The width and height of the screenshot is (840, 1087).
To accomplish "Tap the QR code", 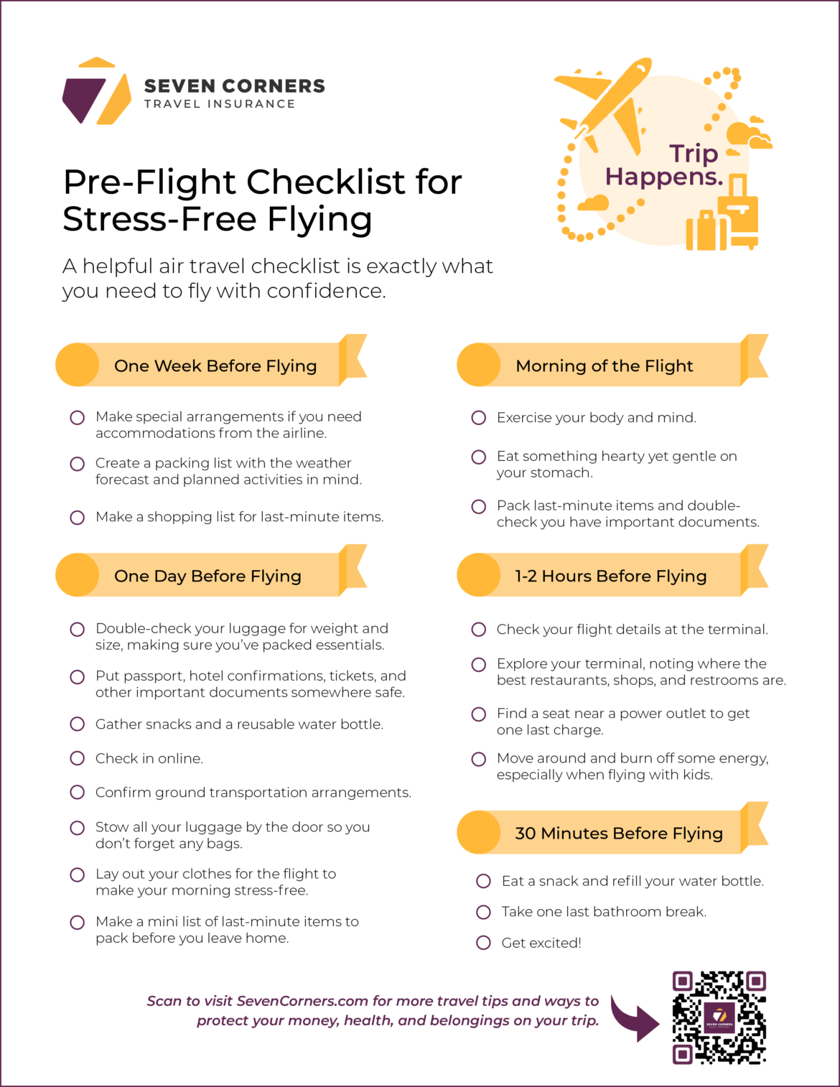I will [x=719, y=1017].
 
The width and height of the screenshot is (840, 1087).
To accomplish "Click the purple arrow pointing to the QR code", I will [x=635, y=1018].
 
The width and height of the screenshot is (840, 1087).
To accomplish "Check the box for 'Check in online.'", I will [x=78, y=758].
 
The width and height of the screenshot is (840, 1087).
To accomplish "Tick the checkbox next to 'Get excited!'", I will [x=484, y=943].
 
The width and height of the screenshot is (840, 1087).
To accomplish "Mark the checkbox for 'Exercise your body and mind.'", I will [x=479, y=418].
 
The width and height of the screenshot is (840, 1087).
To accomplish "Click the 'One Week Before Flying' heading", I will [x=215, y=365].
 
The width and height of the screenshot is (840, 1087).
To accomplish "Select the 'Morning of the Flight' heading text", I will [x=604, y=365].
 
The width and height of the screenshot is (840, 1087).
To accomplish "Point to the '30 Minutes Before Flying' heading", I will [x=618, y=833].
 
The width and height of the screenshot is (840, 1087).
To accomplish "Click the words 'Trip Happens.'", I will [x=664, y=165].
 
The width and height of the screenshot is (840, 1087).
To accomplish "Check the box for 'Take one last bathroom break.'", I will [x=484, y=912].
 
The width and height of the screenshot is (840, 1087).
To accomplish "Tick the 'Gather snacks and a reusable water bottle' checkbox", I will [x=78, y=724].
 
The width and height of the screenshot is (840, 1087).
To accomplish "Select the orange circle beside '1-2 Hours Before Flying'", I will [x=479, y=575].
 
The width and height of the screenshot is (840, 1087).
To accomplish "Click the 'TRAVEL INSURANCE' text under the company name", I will [x=220, y=104].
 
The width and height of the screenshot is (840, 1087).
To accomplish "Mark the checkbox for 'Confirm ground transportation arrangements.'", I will [x=78, y=793].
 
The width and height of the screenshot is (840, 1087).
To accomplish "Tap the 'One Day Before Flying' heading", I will [x=207, y=576].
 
